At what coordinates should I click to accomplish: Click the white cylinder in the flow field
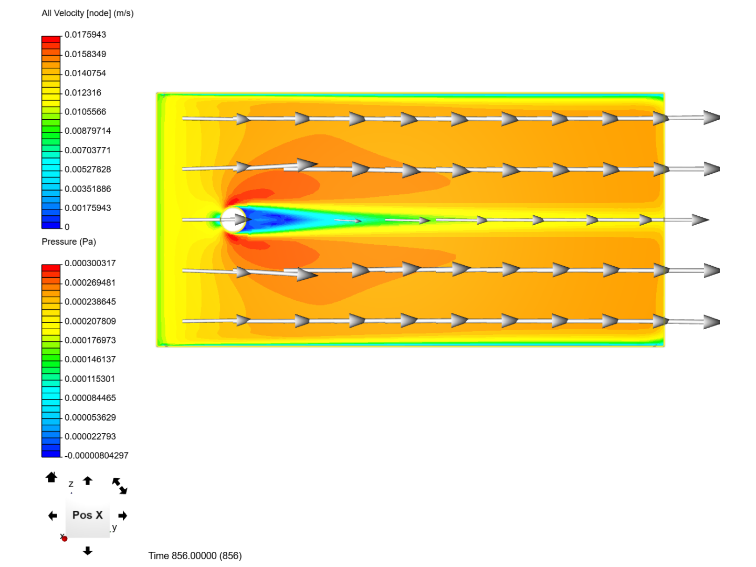pos(233,219)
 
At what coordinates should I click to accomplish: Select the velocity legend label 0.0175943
pos(85,35)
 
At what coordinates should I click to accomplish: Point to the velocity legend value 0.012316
pos(82,92)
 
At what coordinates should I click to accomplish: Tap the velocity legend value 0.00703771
pos(88,150)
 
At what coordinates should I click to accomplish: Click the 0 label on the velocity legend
pos(67,227)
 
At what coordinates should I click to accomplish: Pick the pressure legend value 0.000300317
pos(90,263)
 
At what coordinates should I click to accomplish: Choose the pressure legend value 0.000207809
pos(90,321)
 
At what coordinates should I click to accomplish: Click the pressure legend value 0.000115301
pos(90,379)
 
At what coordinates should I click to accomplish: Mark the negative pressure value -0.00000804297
pos(97,456)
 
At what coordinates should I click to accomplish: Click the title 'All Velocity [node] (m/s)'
pos(88,13)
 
